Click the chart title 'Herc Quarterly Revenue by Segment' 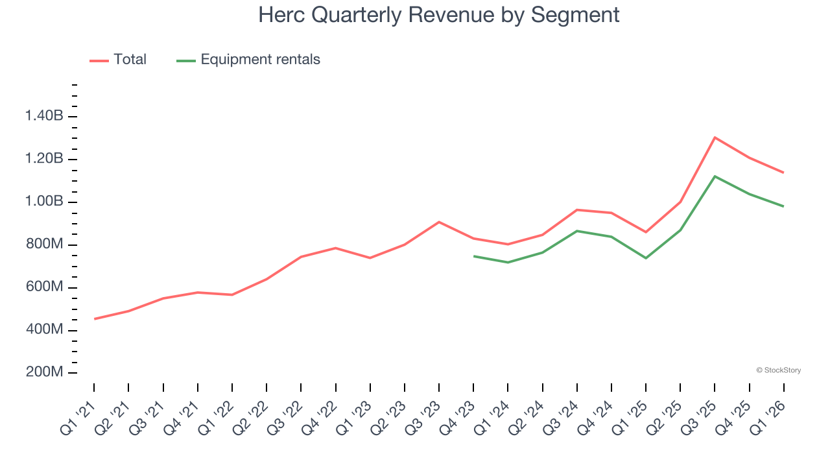[438, 14]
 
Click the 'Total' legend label [130, 60]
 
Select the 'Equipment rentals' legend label [260, 60]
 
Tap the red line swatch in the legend [99, 60]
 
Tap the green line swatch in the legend [186, 60]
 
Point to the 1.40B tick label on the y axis [44, 116]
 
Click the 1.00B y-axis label [44, 202]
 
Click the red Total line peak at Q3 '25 [715, 138]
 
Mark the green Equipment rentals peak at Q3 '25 [715, 176]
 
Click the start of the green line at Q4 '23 [474, 256]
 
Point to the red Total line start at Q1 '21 [94, 319]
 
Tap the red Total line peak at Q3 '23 [439, 222]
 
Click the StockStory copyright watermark [778, 370]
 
